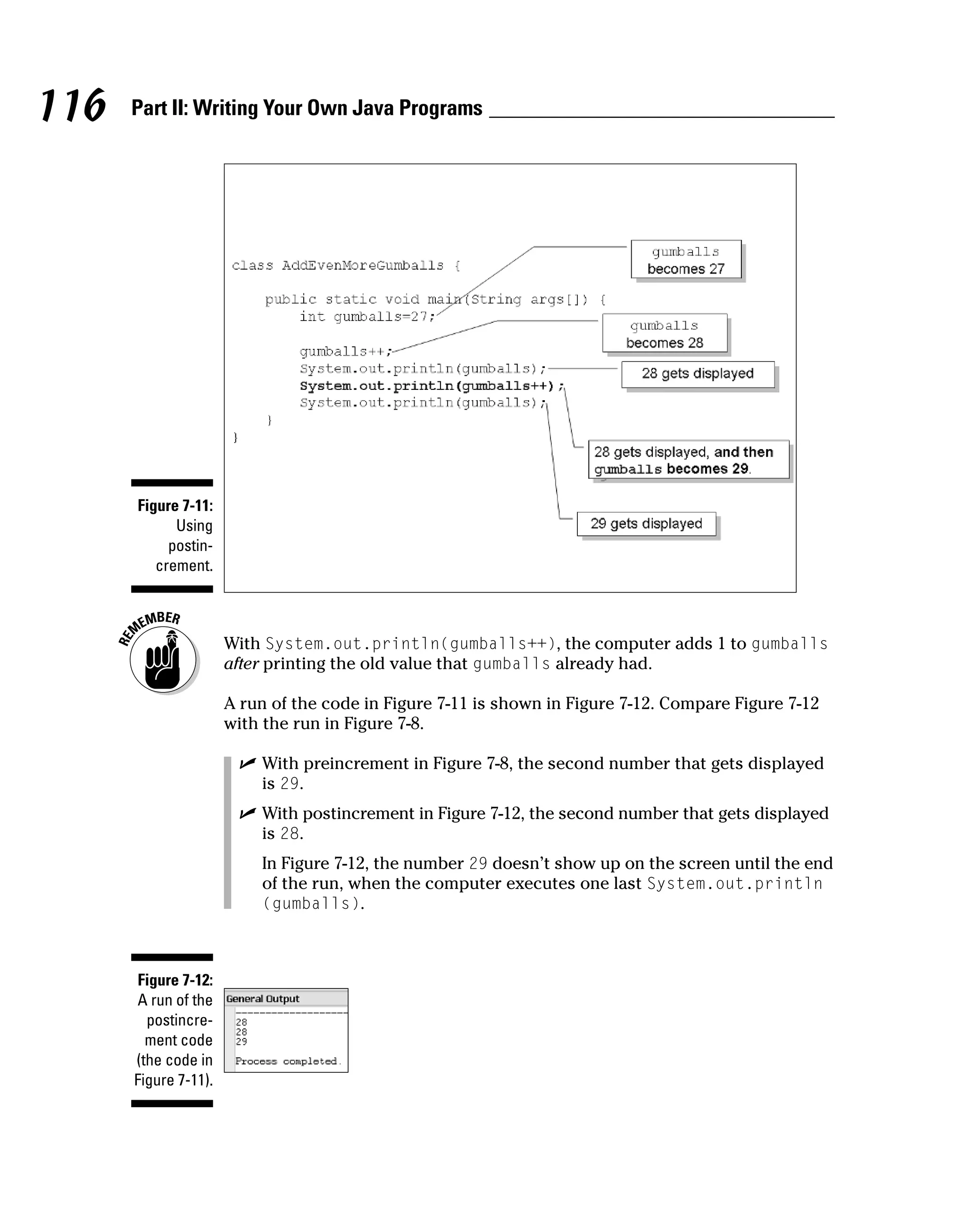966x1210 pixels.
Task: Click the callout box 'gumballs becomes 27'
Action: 686,260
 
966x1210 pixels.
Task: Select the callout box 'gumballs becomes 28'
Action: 665,333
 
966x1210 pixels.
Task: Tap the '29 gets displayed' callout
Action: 646,524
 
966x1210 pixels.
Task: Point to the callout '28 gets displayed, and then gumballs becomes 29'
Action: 688,460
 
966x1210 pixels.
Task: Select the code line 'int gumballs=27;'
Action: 367,317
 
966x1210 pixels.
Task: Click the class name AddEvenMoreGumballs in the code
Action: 362,265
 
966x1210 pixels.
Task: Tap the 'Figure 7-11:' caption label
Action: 175,506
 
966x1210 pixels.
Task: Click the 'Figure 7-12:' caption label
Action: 175,980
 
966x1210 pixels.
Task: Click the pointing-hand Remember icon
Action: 162,660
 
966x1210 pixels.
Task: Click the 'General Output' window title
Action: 263,998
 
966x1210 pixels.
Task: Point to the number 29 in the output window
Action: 241,1041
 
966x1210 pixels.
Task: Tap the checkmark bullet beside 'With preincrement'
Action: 247,763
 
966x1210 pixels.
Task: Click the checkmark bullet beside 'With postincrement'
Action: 247,813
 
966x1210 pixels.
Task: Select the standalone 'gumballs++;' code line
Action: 345,351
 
